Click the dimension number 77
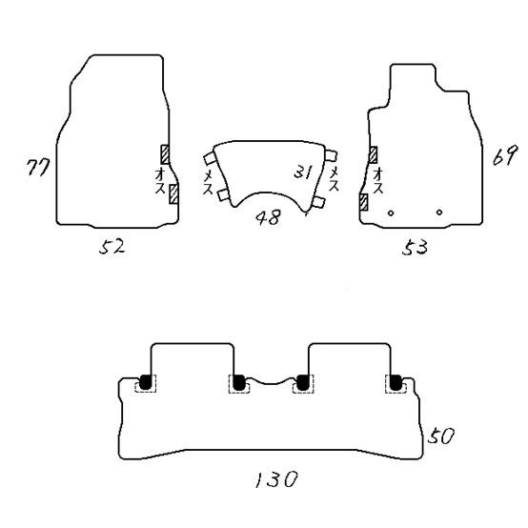point(38,167)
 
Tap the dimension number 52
point(112,247)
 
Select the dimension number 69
point(504,155)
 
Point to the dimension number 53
point(415,247)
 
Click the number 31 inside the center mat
point(303,172)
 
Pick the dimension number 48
point(268,217)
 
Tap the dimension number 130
point(275,479)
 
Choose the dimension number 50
point(441,436)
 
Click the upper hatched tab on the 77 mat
point(165,154)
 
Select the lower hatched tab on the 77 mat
point(173,194)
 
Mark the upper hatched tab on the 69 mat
point(373,155)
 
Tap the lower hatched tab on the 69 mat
point(364,202)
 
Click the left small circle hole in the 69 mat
point(391,213)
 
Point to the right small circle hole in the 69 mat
point(439,213)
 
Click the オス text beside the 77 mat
point(160,181)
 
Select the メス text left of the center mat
point(208,182)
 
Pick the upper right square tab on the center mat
point(331,156)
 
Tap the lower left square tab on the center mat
point(223,195)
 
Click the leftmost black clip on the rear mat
point(146,382)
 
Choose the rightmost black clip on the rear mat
point(396,382)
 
